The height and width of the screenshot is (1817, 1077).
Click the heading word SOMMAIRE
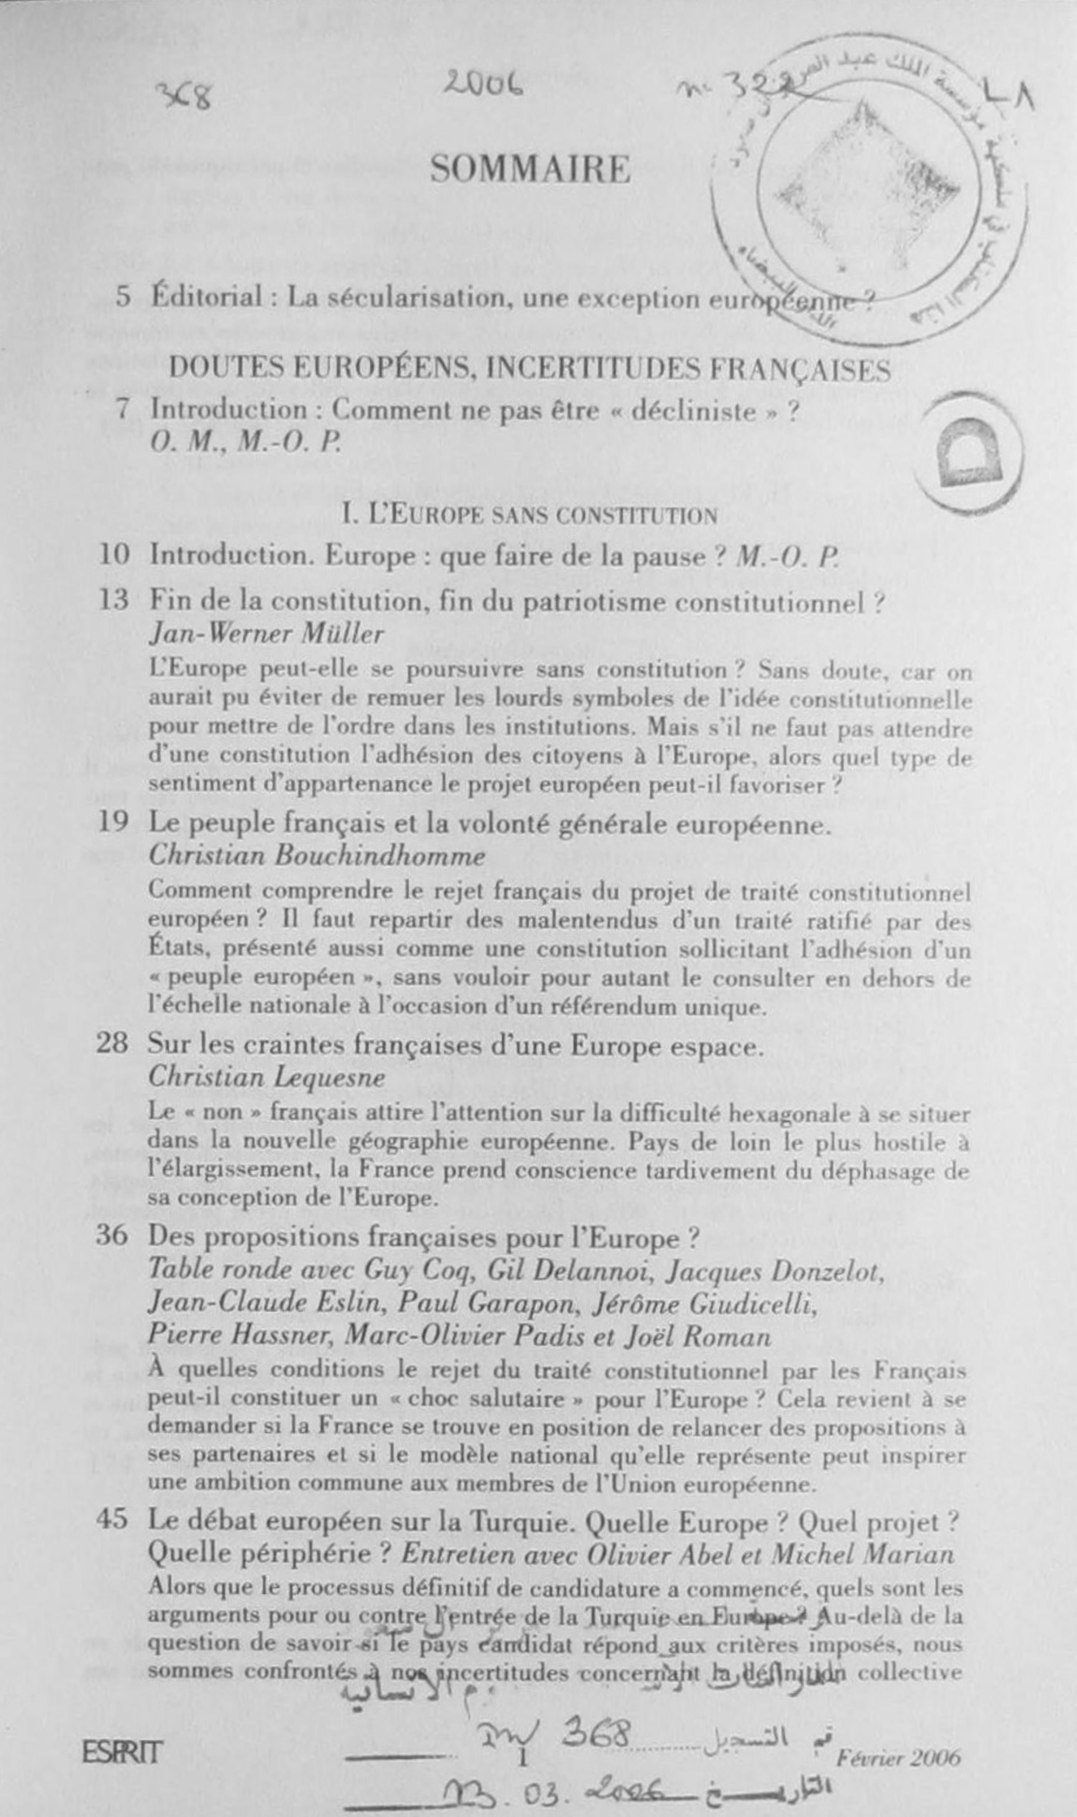(x=530, y=170)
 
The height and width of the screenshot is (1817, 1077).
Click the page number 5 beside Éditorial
(x=123, y=297)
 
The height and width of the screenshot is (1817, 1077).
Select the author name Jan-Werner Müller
(x=267, y=634)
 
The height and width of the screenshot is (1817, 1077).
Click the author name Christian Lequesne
(x=267, y=1078)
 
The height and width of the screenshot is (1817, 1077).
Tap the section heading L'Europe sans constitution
(x=530, y=515)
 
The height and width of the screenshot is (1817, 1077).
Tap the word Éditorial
(x=206, y=297)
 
